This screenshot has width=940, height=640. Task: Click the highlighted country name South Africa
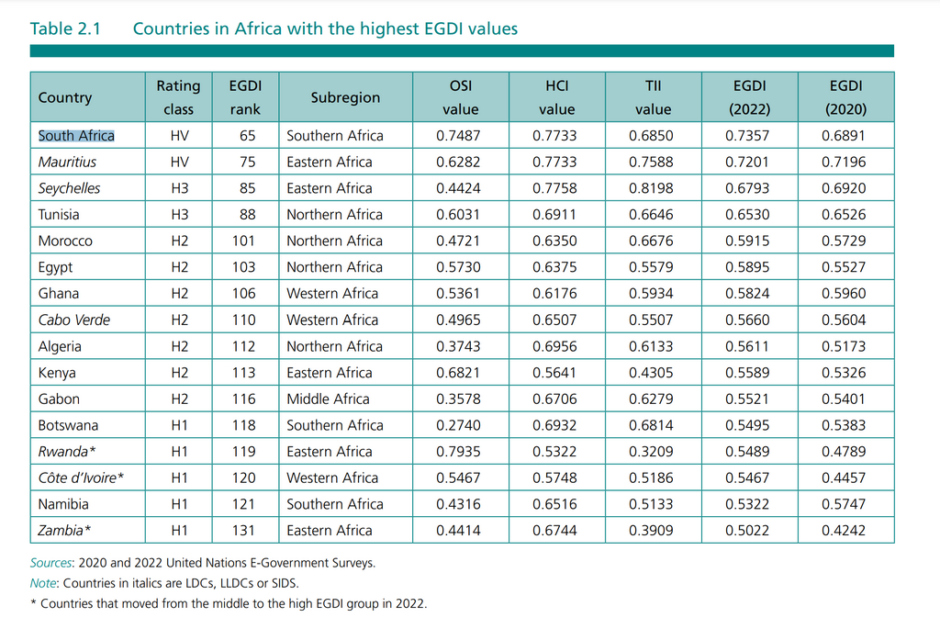tap(76, 136)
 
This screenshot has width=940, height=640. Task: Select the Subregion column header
tap(345, 97)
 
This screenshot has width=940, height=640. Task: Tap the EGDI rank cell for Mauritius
tap(245, 162)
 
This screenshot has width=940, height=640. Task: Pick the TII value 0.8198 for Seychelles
tap(653, 188)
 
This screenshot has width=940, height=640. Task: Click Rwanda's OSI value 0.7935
tap(460, 452)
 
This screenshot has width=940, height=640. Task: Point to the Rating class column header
tap(178, 97)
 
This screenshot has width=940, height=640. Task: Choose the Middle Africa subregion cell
tap(328, 399)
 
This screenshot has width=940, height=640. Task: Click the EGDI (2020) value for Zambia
tap(845, 531)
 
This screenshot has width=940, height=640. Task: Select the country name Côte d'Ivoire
tap(80, 478)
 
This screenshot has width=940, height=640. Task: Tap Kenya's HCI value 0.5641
tap(556, 373)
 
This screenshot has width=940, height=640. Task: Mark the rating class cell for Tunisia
tap(178, 215)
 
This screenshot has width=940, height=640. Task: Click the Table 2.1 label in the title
tap(63, 28)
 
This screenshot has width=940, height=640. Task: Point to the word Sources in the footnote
tap(50, 563)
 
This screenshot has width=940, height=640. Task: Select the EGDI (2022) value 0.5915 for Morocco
tap(749, 241)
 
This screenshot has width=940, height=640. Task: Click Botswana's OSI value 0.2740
tap(460, 426)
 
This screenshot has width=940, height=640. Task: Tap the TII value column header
tap(653, 97)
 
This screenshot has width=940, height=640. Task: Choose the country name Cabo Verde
tap(73, 320)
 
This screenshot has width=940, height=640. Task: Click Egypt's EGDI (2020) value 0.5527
tap(845, 267)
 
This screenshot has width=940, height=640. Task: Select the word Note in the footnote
tap(44, 583)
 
